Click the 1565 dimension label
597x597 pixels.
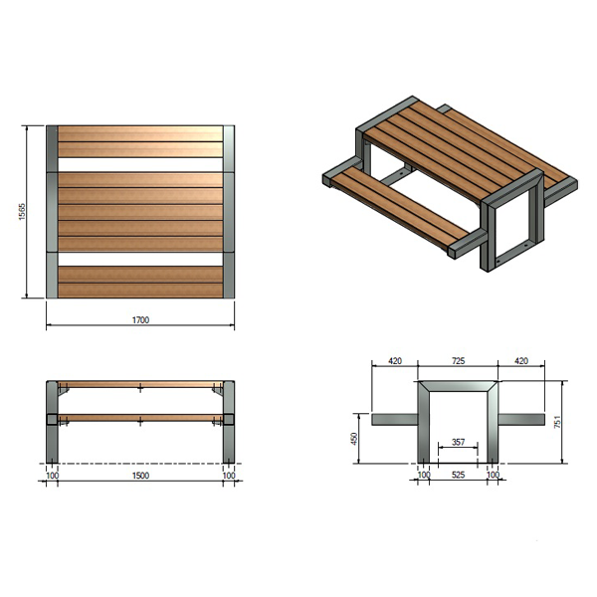[x=22, y=211]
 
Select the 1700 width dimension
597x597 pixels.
[x=140, y=319]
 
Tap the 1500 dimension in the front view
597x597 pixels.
[x=140, y=476]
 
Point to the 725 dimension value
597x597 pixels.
[x=459, y=360]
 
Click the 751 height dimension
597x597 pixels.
[x=557, y=422]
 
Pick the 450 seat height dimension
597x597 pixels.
[x=354, y=439]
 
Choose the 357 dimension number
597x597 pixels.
[x=458, y=442]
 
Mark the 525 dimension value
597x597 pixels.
[x=458, y=475]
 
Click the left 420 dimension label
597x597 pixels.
[x=395, y=360]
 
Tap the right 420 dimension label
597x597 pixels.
[x=521, y=360]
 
